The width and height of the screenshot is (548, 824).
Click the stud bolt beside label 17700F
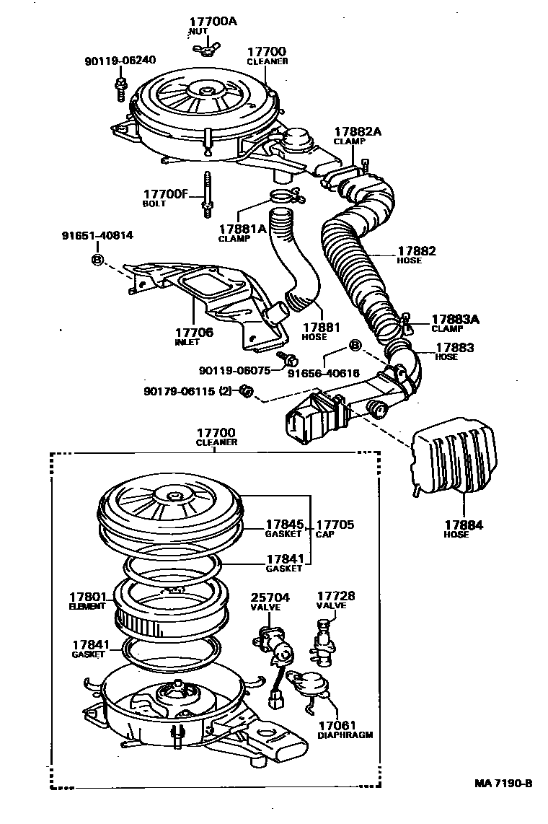[207, 194]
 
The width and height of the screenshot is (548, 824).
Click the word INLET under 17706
[187, 342]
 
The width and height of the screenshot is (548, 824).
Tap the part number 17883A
[455, 318]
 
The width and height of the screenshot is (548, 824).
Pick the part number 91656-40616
[323, 373]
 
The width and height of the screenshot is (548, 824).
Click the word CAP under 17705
[322, 535]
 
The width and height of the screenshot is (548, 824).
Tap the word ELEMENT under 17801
[87, 608]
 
